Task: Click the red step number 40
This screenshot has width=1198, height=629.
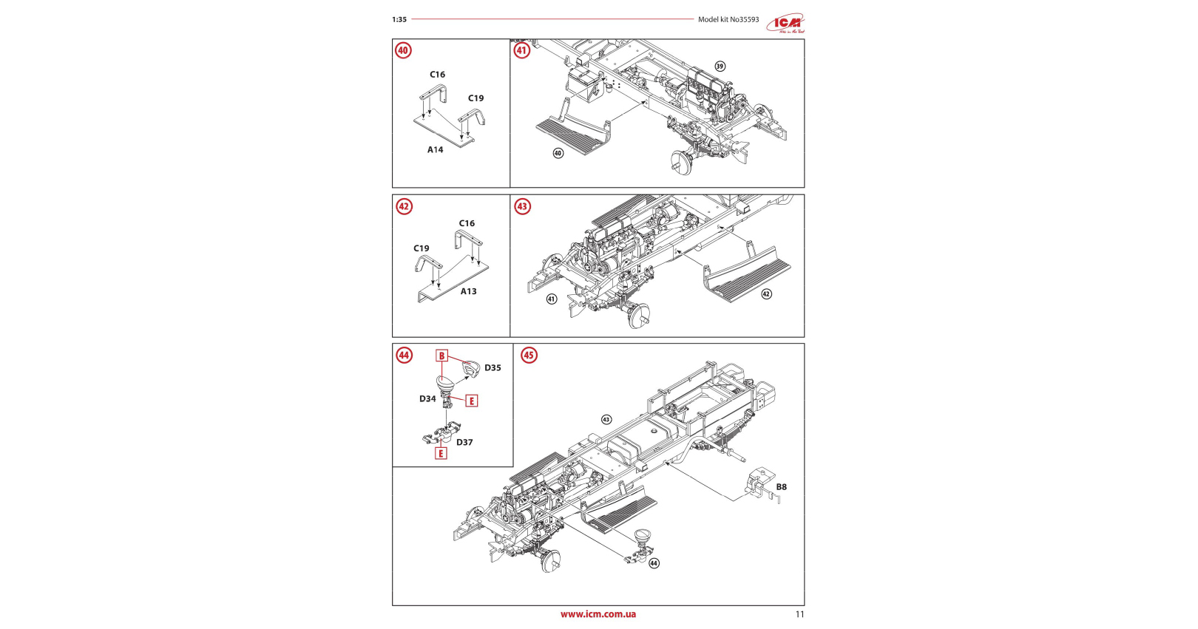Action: tap(403, 50)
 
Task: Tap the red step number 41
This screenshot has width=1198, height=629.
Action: tap(522, 50)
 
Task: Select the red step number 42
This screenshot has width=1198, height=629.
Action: tap(404, 206)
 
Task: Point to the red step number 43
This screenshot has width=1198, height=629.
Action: tap(522, 206)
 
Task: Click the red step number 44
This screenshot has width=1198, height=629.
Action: tap(404, 356)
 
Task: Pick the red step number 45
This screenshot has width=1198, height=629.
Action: tap(529, 356)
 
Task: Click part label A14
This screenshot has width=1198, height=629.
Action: tap(435, 150)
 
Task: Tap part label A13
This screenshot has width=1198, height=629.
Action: tap(469, 291)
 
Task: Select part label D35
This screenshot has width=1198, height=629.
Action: tap(493, 368)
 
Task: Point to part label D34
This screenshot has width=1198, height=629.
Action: tap(427, 399)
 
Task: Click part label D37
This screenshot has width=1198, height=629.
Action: tap(464, 443)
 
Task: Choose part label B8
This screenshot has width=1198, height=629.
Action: tap(781, 487)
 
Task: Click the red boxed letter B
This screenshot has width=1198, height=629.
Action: tap(441, 356)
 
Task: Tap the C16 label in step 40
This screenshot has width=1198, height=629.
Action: tap(438, 75)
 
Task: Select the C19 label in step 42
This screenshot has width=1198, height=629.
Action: tap(422, 248)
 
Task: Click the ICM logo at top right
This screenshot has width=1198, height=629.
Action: tap(785, 24)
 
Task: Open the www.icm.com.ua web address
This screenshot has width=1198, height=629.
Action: tap(598, 614)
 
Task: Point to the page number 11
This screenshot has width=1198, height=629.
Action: tap(799, 614)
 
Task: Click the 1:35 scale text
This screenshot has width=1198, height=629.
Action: tap(399, 20)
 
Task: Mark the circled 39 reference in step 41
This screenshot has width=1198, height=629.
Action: tap(720, 67)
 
